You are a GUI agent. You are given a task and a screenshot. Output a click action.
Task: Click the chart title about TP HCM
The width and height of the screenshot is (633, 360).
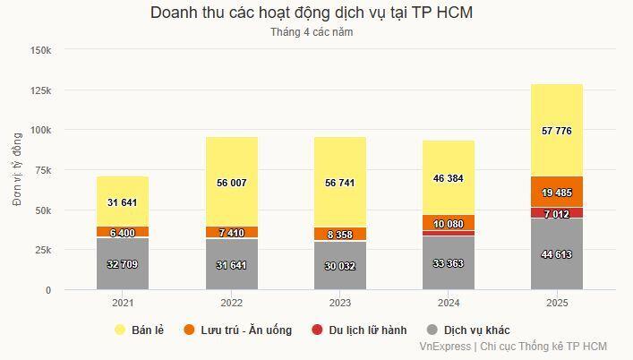pyautogui.click(x=312, y=13)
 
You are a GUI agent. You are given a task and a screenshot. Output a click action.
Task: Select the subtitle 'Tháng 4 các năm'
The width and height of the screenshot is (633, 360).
pyautogui.click(x=312, y=32)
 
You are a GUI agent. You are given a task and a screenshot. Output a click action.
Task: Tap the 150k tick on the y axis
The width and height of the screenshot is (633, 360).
pyautogui.click(x=40, y=50)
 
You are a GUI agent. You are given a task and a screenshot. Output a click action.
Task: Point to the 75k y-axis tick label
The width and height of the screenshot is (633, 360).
pyautogui.click(x=43, y=170)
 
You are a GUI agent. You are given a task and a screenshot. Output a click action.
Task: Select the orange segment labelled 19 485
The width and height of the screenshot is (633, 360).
pyautogui.click(x=557, y=192)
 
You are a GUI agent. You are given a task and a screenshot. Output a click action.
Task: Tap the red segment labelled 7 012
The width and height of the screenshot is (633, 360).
pyautogui.click(x=557, y=213)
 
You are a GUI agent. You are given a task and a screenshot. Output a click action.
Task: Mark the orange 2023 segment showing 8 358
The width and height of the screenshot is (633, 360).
pyautogui.click(x=339, y=234)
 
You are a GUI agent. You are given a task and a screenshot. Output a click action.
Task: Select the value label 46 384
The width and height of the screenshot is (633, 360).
pyautogui.click(x=448, y=179)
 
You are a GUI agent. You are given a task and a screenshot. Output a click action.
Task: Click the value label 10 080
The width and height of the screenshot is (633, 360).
pyautogui.click(x=448, y=223)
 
